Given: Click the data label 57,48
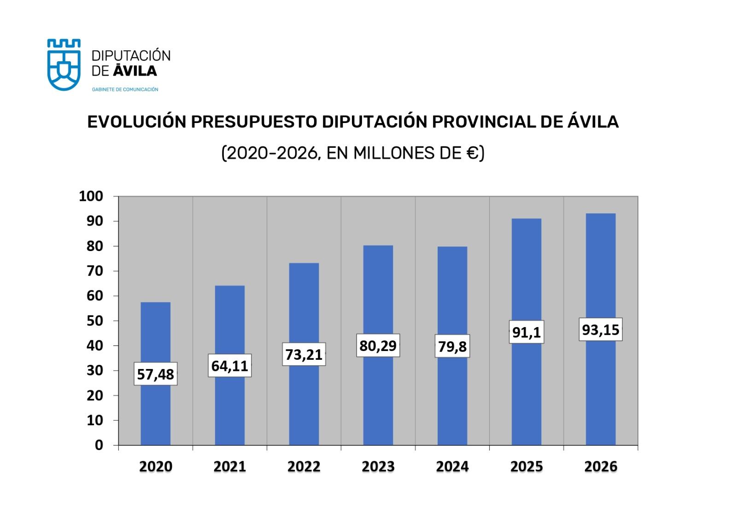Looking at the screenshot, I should [x=156, y=374].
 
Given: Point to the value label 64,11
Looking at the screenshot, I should [x=229, y=366].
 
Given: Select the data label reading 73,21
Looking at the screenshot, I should [x=304, y=354].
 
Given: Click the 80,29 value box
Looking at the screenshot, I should [x=378, y=345].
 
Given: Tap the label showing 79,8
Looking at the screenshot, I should [x=452, y=346].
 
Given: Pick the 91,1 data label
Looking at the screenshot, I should [x=526, y=332].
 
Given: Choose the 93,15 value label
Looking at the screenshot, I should [x=601, y=330].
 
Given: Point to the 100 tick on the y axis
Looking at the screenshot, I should [x=91, y=196].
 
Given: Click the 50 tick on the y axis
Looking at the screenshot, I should [x=95, y=321].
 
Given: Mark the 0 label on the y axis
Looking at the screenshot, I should [x=99, y=445].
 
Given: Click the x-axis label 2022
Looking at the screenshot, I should [x=304, y=467].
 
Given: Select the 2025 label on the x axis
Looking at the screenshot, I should [x=526, y=467].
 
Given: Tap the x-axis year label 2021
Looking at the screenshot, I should [x=229, y=467].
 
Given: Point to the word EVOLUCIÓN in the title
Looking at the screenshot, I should [x=136, y=122].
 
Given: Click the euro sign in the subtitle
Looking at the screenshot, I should [x=472, y=152].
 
